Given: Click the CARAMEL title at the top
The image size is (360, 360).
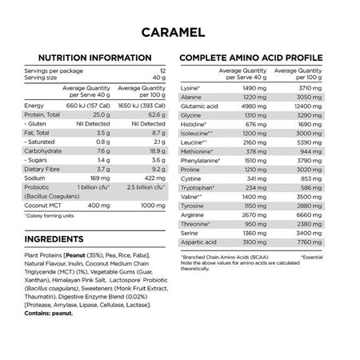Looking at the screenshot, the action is (180, 34).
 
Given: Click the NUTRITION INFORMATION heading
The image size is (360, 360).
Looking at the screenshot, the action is (90, 58).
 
